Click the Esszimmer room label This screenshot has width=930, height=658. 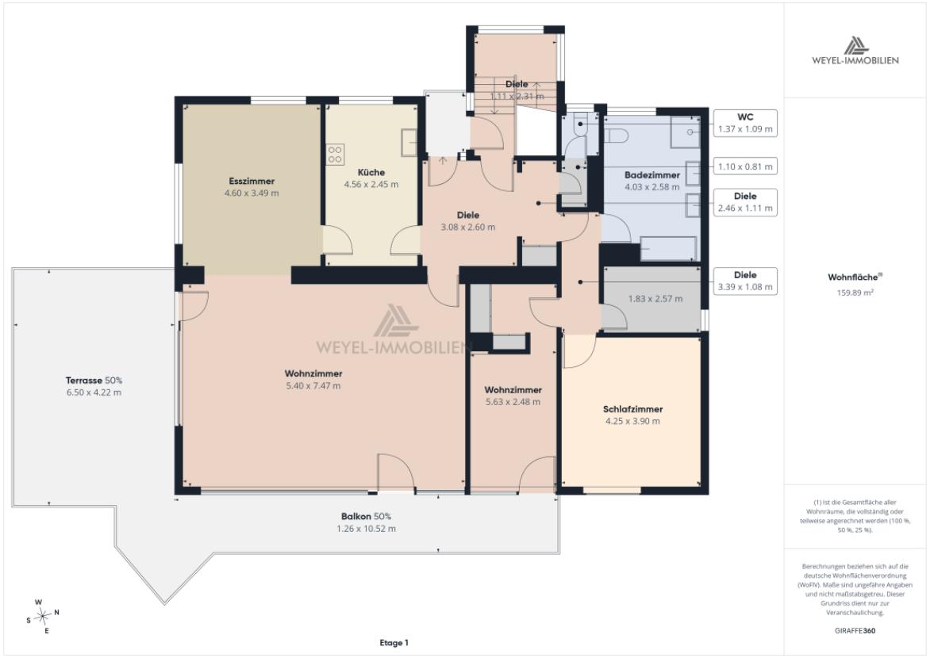point(252,182)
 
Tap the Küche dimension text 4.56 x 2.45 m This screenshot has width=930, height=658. point(371,185)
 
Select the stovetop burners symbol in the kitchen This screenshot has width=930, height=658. point(335,155)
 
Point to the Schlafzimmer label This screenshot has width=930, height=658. point(633,409)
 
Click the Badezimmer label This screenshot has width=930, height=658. point(651,175)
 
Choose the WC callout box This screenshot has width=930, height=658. point(745,124)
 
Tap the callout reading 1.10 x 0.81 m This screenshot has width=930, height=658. point(745,166)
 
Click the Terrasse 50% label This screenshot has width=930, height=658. point(94,381)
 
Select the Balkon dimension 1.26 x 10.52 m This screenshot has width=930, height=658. point(366,529)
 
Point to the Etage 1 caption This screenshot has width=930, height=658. point(394,643)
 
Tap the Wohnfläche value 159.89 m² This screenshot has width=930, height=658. point(855,293)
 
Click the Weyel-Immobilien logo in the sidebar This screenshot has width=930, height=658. point(855,51)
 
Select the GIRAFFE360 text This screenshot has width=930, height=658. point(855,631)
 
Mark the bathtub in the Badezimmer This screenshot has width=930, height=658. point(668,249)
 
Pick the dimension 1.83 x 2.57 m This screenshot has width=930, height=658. point(655,299)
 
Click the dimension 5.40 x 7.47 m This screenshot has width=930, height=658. point(313,386)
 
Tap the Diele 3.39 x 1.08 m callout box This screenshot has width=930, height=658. point(745,281)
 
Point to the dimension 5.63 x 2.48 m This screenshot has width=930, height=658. point(513,402)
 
